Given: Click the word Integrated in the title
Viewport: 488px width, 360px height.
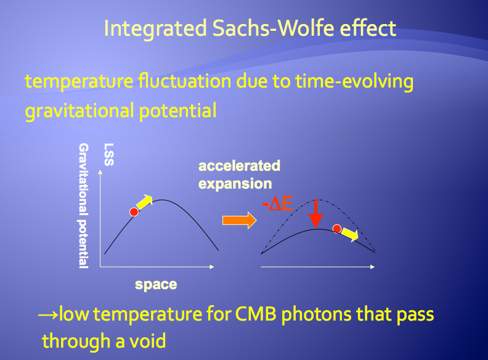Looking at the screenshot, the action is (x=156, y=28).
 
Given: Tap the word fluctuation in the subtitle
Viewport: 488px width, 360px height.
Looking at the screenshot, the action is (x=185, y=81).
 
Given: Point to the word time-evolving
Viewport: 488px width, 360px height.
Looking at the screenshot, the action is (x=354, y=81).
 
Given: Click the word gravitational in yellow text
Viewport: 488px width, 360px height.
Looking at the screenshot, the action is (x=79, y=111).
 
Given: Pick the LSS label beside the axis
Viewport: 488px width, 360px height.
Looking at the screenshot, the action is (x=109, y=155).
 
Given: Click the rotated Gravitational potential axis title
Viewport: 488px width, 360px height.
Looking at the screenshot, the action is (x=83, y=205).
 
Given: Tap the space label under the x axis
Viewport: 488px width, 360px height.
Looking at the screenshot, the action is (x=156, y=285).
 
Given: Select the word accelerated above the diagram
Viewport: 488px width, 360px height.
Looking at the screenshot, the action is (x=239, y=166).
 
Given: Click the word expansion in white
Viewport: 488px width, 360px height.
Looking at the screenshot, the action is (x=235, y=184).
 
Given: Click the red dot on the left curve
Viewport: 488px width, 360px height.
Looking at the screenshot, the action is (x=134, y=212).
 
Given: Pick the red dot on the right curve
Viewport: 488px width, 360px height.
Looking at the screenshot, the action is (x=337, y=229).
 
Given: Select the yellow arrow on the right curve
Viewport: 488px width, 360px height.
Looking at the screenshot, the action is (x=350, y=234).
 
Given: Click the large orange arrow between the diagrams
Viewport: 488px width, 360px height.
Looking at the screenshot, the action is (x=239, y=220).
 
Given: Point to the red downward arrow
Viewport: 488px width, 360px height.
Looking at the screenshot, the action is (x=316, y=214).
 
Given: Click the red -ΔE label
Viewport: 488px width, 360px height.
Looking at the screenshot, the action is (x=278, y=204).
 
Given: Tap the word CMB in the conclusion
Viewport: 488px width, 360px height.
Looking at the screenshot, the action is (x=256, y=314).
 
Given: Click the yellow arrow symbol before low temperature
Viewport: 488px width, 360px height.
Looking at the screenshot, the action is (x=48, y=315).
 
